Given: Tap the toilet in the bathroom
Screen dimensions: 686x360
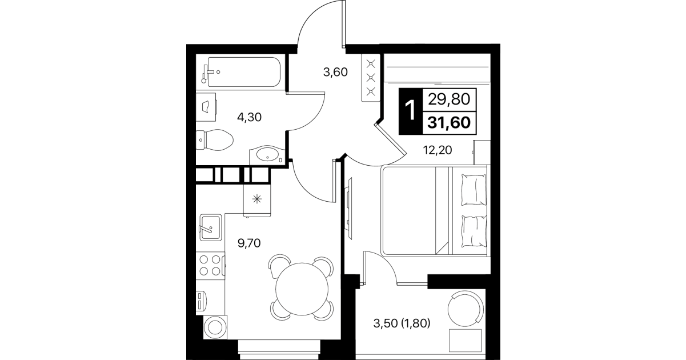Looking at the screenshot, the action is point(214,140).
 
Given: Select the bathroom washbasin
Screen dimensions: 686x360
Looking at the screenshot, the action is point(267,155).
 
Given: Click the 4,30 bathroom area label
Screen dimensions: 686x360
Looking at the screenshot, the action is point(249,117).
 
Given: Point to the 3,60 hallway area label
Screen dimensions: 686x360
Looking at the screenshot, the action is point(335,73).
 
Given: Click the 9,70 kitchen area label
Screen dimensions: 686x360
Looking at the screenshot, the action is point(249,243).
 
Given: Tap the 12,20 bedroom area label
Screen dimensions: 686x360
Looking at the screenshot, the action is point(438,150).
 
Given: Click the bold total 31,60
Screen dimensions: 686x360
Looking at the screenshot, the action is point(449,123).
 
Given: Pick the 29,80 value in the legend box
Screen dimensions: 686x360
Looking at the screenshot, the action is point(449,99).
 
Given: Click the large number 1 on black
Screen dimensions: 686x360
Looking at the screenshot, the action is point(410,111).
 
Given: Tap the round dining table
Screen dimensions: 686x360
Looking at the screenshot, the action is point(302,289).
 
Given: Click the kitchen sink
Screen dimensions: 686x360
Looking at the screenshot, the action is point(211,227).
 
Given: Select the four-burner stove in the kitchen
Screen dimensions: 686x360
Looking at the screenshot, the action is point(210,265).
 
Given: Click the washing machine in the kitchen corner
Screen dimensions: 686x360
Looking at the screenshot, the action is point(215,327).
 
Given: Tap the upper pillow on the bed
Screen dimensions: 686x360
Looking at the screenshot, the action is point(474,190).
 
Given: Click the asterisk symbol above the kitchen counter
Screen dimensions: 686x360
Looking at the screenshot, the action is point(257,199).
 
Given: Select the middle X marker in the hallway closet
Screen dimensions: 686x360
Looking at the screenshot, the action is point(371,78).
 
